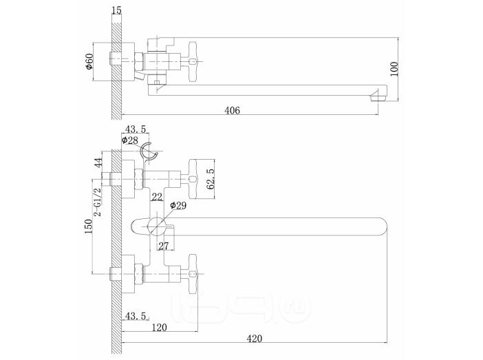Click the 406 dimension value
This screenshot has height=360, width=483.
point(233,110)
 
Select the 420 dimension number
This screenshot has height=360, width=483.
point(255,339)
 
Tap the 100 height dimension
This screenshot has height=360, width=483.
point(394,69)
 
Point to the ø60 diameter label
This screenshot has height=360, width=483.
point(89,62)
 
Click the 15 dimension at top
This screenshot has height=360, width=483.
point(117,10)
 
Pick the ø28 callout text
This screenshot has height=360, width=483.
point(130,140)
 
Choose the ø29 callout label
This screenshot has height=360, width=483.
point(178,205)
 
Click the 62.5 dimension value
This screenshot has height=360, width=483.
point(211,179)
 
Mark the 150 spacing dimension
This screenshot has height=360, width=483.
point(89,226)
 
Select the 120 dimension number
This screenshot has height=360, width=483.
point(159,328)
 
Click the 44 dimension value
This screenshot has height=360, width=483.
point(98,162)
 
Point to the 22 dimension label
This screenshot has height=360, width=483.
point(157,197)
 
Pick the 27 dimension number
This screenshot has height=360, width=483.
point(164,246)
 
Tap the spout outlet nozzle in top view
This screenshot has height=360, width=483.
point(378,96)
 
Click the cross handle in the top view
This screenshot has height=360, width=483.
point(193,62)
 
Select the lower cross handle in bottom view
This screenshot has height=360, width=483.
point(193,273)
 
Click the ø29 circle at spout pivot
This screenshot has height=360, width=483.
point(157,226)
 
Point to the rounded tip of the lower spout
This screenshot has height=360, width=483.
point(385,226)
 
